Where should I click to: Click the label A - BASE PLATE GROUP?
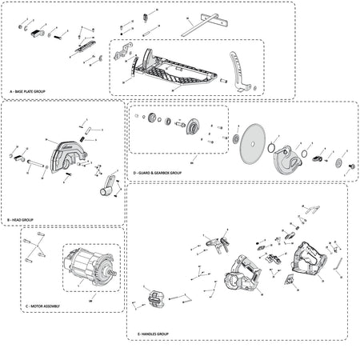coord(27,93)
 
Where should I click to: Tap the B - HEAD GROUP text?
coord(20,218)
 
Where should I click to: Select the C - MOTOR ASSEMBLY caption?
coord(43,306)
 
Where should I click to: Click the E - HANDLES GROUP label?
coord(151,333)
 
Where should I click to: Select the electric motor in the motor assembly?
coord(93,270)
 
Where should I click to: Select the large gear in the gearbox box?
coord(193,126)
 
